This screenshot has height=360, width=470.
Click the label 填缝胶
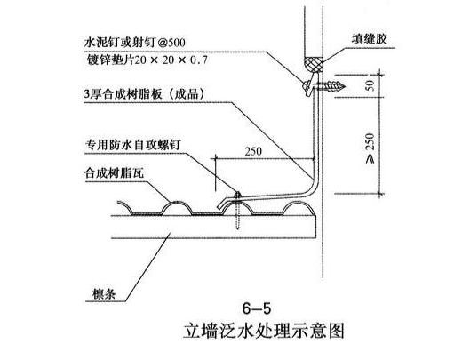coord(370,39)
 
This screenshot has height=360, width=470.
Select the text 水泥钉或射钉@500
coord(135,43)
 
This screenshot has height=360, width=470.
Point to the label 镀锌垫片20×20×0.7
coord(147,60)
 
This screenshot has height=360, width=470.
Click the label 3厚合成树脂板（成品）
coord(144,94)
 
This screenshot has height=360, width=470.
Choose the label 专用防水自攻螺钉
coord(133,145)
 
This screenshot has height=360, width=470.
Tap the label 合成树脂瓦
coord(114,173)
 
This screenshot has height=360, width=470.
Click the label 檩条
coord(104,294)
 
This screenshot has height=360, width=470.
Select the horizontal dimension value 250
coord(253,151)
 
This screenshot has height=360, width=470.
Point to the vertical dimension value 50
coord(370,85)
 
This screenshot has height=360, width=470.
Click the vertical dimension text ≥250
coord(370,148)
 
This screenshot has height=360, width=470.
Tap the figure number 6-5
coord(256,308)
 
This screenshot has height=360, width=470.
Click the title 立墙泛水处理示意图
coord(264,331)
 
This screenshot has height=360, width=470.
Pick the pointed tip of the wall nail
coord(345,87)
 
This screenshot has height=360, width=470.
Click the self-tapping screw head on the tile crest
coord(238,196)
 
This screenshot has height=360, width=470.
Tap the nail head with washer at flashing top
coord(307,85)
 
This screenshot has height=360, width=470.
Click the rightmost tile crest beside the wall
coord(298,204)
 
